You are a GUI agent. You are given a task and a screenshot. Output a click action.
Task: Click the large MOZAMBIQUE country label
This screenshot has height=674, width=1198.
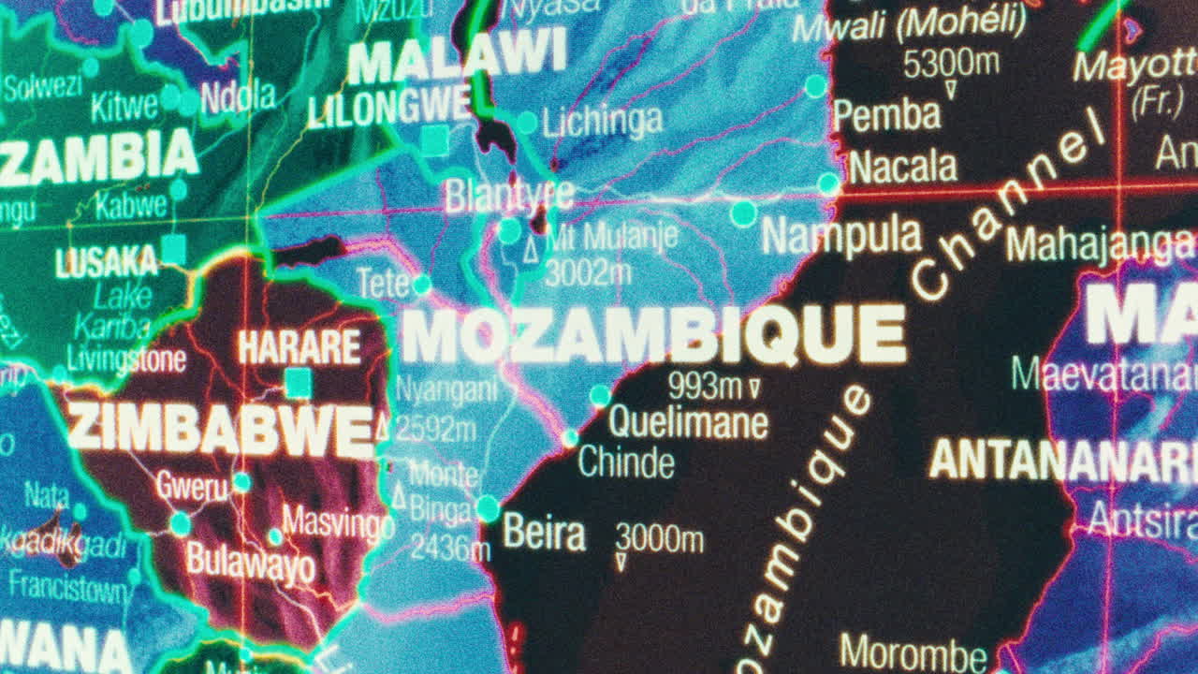point(653,335)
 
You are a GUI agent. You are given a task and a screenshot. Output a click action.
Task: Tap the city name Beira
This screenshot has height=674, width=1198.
point(544,533)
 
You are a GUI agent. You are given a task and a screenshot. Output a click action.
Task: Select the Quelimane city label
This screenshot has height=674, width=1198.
point(688,422)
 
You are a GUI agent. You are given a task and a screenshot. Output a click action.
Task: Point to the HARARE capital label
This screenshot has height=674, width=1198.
point(299,347)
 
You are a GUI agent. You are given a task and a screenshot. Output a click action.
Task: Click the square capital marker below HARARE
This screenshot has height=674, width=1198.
point(298,383)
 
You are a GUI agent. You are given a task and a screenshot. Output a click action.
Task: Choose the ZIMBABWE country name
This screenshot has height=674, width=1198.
point(220,431)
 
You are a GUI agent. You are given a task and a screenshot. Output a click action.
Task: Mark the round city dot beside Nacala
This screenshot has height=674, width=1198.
point(828,183)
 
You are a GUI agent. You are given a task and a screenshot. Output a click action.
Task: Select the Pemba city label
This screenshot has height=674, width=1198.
point(886,115)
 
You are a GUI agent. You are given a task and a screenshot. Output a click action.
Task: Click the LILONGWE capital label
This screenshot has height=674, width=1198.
point(388,108)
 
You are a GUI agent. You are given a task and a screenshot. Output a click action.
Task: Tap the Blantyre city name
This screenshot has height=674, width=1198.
point(508,196)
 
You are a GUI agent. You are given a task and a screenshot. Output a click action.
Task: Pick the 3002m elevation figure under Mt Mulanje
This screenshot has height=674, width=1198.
point(588,272)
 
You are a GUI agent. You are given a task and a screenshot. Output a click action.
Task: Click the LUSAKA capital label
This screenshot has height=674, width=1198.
point(106,262)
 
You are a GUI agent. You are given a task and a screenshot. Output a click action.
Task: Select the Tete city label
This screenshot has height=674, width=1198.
point(384,283)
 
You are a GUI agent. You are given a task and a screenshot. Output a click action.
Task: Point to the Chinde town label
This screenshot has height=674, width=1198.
point(626,462)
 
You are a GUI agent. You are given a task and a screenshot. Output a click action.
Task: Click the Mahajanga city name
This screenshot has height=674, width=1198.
point(1100,245)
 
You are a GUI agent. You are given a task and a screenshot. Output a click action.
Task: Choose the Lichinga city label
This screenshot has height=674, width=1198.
point(602,120)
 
